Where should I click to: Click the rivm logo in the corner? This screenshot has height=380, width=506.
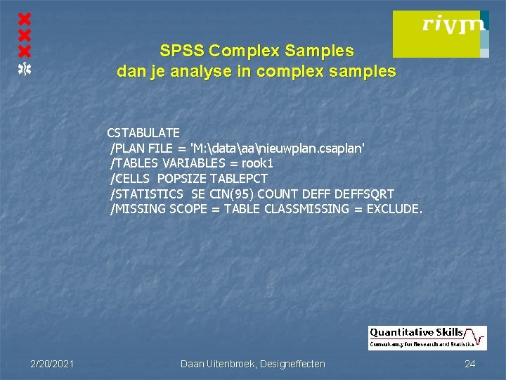(x=440, y=33)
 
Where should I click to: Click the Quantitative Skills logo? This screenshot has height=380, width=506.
(x=427, y=338)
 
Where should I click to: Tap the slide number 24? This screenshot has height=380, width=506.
(x=470, y=364)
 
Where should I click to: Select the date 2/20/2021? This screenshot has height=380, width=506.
(x=53, y=364)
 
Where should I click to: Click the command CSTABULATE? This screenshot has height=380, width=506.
(x=143, y=132)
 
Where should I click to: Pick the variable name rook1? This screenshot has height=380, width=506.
(x=258, y=163)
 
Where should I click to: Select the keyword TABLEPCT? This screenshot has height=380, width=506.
(x=239, y=178)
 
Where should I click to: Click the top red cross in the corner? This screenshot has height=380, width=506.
(x=25, y=18)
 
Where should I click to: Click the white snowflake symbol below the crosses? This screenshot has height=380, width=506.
(x=25, y=68)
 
